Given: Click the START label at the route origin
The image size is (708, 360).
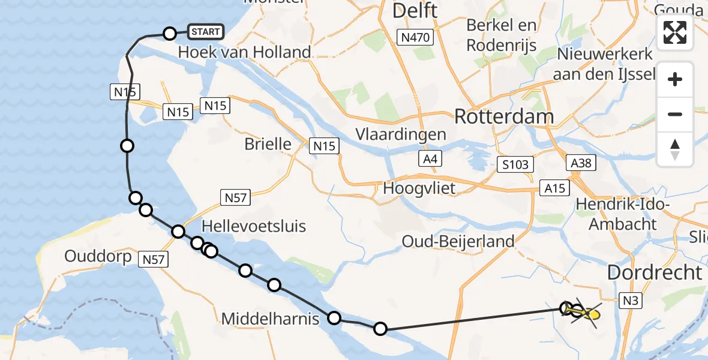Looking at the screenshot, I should tap(206, 32).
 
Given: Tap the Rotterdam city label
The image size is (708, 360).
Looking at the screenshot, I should tap(504, 116).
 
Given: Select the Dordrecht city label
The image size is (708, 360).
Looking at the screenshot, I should tap(655, 272).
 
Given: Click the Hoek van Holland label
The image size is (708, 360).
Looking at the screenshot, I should tap(244, 52).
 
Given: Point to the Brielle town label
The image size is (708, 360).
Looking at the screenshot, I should tap(268, 144).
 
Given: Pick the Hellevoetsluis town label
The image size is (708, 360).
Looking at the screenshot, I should tap(254, 226).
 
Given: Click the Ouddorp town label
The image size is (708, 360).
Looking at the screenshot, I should tap(98, 256).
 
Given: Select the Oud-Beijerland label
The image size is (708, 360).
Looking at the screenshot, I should tap(458, 241).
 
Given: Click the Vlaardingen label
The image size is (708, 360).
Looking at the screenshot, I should tap(400, 134).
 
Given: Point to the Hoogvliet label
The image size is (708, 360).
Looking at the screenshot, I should tap(419, 188).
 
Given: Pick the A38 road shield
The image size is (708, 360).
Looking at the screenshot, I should tap(581, 163).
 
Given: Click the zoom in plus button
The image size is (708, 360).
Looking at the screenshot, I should tap(675, 79).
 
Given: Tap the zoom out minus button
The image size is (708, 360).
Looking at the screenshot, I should tap(675, 114).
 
